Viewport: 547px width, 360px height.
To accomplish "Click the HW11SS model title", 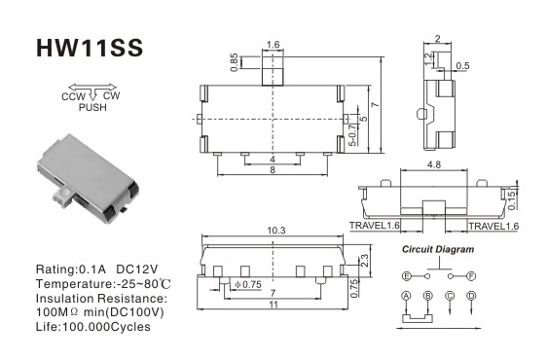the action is [90, 48].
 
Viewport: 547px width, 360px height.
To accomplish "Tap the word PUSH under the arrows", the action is [92, 107].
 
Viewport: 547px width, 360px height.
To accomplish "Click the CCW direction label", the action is [73, 96].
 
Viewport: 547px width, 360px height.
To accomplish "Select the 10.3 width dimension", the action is [276, 231].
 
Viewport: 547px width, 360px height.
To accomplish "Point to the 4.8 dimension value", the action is [434, 164].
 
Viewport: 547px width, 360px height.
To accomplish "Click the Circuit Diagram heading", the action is [438, 249].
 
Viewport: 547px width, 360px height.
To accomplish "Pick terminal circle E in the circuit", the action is [407, 276].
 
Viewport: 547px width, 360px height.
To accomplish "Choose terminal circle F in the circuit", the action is [471, 276].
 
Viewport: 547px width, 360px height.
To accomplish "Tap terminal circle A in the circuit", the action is [406, 296].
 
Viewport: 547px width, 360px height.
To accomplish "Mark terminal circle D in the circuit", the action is [471, 296].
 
